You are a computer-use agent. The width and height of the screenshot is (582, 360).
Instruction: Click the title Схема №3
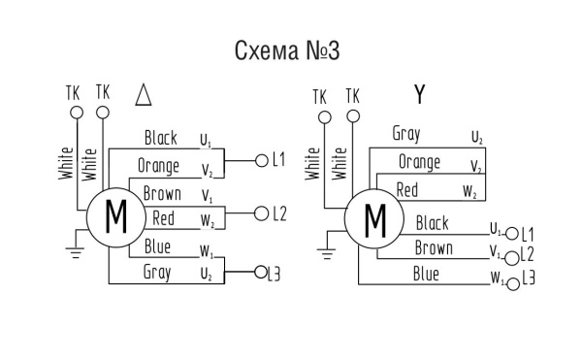coord(288,50)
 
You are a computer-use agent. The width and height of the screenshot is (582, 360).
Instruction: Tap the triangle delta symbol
coord(144,95)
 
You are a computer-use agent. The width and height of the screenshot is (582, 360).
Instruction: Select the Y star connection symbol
coord(419,94)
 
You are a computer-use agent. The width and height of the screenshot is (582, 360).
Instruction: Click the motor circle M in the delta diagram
coord(115,215)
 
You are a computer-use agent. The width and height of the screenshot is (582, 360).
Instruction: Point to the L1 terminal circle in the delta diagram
coord(260,160)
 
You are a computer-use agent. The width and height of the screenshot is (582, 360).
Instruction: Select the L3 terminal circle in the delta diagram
coord(260,275)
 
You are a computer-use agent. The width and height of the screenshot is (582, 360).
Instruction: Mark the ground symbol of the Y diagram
coord(324,251)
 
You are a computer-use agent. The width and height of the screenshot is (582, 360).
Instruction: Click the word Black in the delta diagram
coord(160,138)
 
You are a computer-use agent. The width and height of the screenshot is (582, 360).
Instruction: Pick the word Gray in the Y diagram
coord(405,133)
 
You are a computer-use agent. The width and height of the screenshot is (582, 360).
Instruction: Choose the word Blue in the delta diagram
coord(157,246)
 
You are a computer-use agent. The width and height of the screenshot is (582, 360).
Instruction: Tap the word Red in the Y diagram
coord(407,189)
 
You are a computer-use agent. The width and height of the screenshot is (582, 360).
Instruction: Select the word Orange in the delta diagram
coord(159,165)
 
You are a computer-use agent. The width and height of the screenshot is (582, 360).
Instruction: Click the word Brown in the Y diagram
coord(433,248)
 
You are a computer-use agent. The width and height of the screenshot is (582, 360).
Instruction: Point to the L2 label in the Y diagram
coord(528,256)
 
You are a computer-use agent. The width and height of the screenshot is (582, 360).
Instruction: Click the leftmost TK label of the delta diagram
coord(72,92)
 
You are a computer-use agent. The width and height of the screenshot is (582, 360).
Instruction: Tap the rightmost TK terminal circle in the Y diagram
coord(351,117)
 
